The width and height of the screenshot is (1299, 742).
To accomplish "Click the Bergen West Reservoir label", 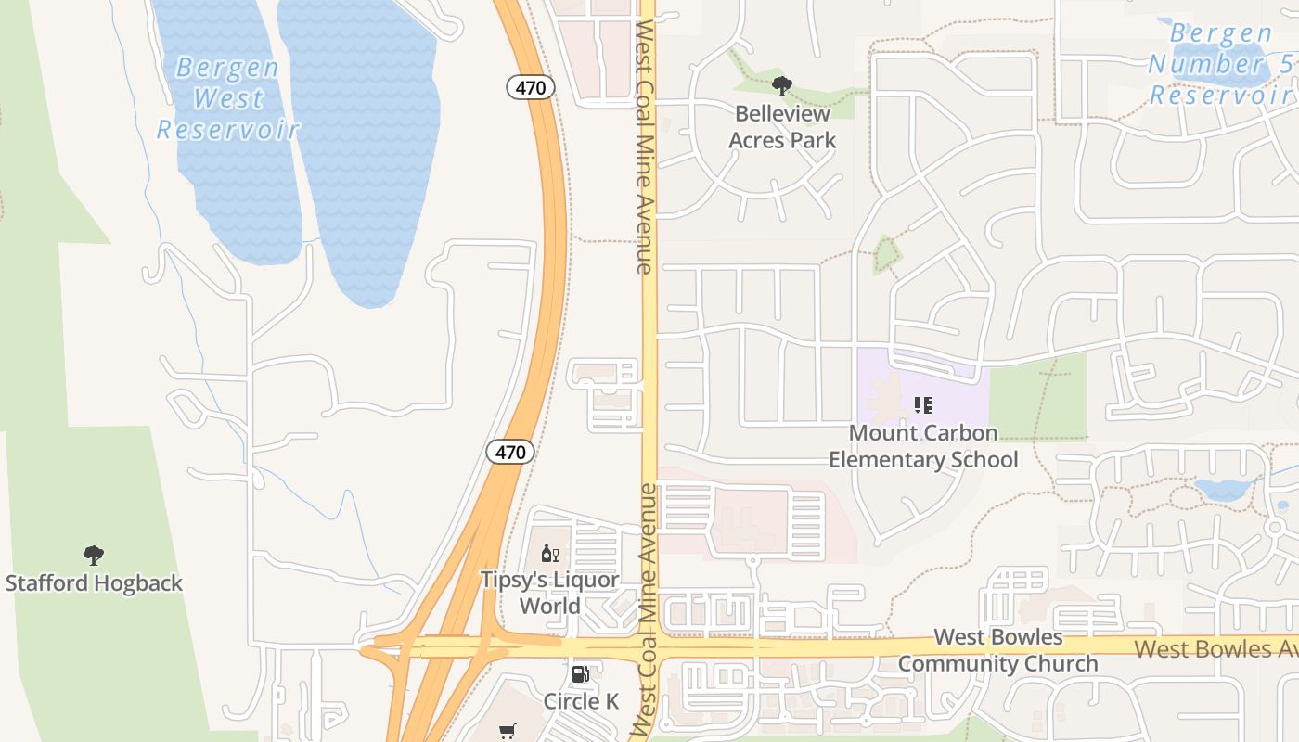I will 227,98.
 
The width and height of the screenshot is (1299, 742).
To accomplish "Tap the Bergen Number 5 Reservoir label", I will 1219,64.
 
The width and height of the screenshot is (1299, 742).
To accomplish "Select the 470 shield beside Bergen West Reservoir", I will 531,87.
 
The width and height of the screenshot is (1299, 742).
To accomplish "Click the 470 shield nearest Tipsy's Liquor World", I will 510,453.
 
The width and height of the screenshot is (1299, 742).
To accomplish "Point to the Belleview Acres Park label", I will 782,127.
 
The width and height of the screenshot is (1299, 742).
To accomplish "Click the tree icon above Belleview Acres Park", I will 782,86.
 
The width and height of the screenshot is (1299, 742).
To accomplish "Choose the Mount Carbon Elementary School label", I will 923,446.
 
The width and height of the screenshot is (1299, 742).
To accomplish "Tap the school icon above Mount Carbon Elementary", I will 922,405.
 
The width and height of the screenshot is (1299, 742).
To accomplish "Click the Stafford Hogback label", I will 94,583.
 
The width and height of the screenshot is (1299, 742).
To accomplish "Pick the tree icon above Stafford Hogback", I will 93,556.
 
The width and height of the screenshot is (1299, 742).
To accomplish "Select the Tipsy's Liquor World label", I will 549,593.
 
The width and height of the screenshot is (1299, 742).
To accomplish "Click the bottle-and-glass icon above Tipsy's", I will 549,554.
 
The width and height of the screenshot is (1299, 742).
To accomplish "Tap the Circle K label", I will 581,701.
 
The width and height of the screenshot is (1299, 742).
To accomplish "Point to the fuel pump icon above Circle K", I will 581,674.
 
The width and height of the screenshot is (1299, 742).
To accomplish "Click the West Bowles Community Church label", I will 997,650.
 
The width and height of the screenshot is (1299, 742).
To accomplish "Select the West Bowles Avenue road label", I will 1215,648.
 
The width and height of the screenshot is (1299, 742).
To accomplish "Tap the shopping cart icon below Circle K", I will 507,733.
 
